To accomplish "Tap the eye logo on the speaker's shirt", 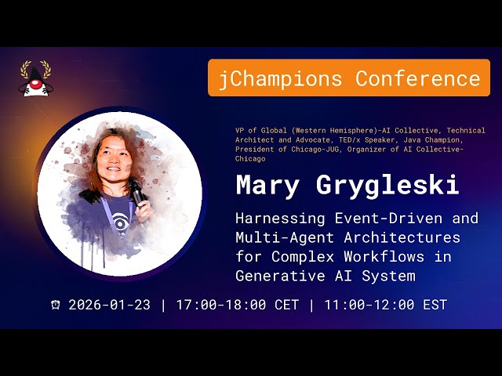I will pos(119,224).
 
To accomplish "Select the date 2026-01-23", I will pos(109,305).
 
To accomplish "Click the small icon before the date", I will pos(56,305).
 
